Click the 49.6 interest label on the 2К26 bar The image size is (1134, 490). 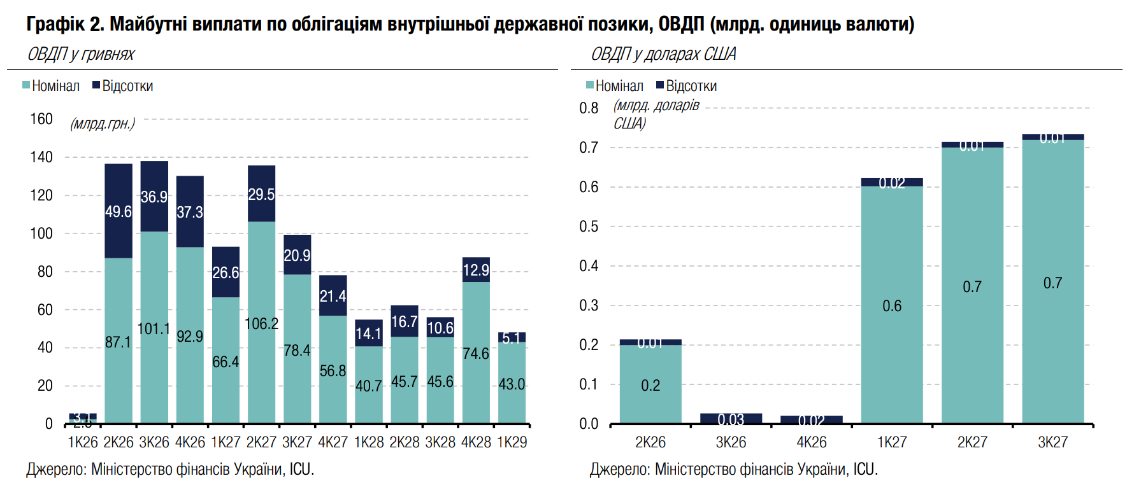[118, 211]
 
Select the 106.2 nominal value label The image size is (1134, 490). [261, 323]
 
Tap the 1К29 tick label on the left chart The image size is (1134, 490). [512, 442]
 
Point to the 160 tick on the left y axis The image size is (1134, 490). [41, 119]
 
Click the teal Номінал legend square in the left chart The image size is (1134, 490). [26, 85]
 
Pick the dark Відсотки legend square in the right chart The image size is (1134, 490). [661, 85]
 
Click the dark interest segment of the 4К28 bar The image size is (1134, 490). [476, 270]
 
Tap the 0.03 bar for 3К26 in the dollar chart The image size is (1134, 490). [731, 419]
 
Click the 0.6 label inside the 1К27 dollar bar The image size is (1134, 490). [891, 306]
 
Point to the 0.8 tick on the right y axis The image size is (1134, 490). [589, 108]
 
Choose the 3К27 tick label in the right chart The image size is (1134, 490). [1052, 442]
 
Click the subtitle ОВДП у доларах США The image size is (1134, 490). [663, 54]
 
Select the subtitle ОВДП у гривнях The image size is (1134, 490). [81, 54]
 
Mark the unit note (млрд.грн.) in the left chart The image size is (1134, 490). [103, 123]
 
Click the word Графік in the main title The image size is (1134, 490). [55, 24]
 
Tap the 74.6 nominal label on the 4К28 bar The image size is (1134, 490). [476, 353]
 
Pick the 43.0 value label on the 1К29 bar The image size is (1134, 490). [512, 384]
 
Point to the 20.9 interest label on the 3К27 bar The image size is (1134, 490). [297, 255]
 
